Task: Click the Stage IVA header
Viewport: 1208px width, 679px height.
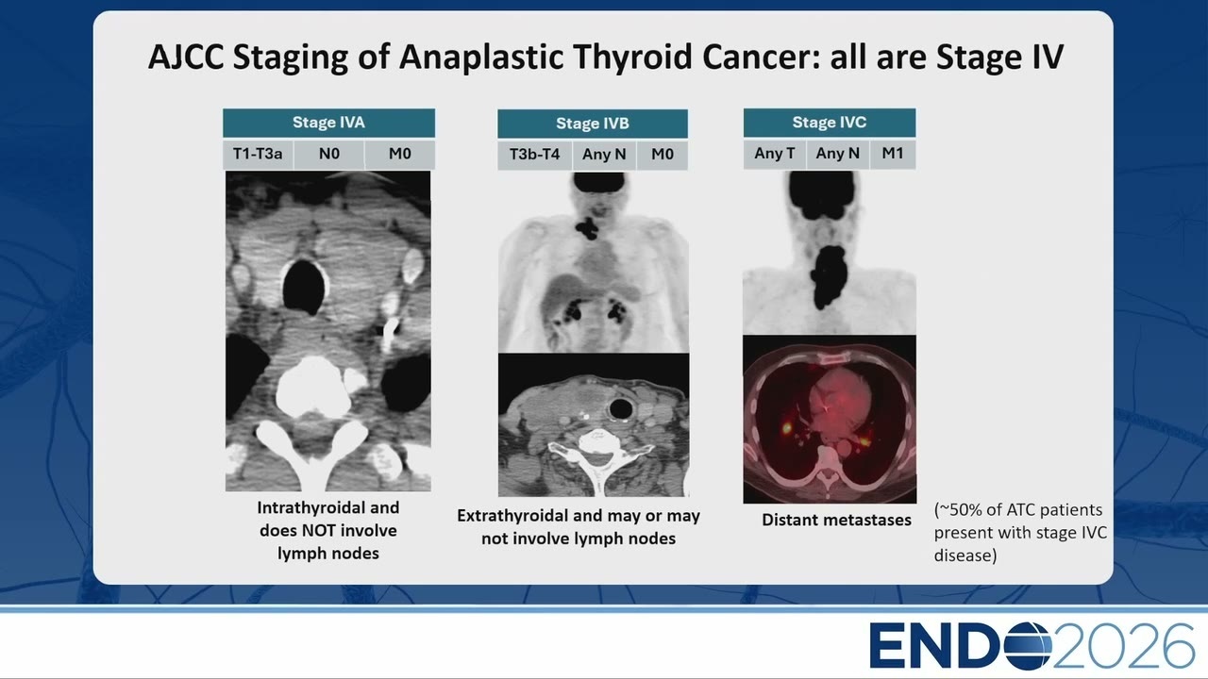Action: (x=329, y=123)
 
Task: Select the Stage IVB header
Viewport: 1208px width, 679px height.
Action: (x=593, y=124)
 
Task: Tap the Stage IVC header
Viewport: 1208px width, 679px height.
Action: (x=830, y=123)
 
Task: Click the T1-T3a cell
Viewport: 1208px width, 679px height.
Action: (x=258, y=154)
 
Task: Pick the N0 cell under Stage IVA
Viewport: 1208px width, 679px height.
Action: (x=329, y=154)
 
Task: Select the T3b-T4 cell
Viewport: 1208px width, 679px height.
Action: (x=534, y=155)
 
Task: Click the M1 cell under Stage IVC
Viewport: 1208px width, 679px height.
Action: (x=893, y=154)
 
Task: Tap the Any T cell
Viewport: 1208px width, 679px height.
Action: (x=775, y=154)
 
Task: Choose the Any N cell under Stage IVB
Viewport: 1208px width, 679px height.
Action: (x=604, y=155)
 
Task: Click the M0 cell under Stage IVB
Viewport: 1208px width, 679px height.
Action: (x=663, y=155)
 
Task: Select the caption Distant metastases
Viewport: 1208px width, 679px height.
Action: (x=836, y=520)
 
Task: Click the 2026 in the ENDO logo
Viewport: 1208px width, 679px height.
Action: (x=1123, y=646)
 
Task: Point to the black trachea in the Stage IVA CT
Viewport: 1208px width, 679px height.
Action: (x=305, y=288)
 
